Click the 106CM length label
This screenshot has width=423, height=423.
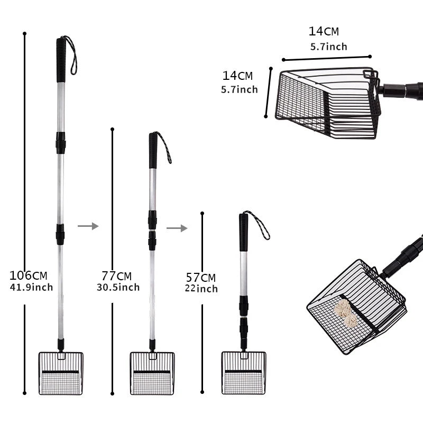click(29, 275)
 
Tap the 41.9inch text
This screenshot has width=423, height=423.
click(31, 287)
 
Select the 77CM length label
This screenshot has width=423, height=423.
click(116, 276)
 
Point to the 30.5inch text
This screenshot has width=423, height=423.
click(118, 287)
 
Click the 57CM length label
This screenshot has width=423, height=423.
click(201, 277)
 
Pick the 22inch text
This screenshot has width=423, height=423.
click(201, 289)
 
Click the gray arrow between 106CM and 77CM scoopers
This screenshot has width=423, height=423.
click(88, 226)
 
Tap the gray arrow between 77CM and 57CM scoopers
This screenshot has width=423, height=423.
click(177, 228)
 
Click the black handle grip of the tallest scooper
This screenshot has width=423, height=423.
click(61, 60)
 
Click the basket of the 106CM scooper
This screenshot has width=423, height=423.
click(61, 373)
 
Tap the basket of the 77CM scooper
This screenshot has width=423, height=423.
click(152, 373)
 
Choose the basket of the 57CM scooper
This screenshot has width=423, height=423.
click(244, 373)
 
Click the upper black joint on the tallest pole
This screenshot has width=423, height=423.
click(61, 143)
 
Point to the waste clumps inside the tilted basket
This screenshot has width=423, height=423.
click(347, 314)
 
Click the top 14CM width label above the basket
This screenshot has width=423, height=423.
click(324, 31)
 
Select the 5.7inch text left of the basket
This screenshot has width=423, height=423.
click(240, 89)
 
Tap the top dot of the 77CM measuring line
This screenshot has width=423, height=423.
click(112, 129)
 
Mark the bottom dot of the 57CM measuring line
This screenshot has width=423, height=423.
click(202, 392)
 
